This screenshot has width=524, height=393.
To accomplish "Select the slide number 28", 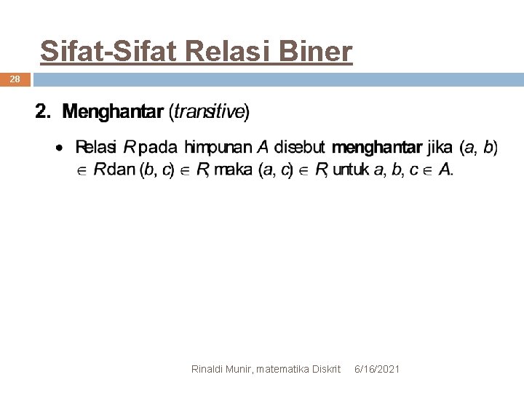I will click(15, 79).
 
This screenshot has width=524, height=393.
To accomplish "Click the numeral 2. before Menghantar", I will click(44, 112).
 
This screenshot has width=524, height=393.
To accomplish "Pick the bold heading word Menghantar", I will click(113, 112).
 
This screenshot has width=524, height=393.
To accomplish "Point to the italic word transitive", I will click(209, 112).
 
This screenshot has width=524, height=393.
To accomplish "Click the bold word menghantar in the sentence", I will click(376, 148).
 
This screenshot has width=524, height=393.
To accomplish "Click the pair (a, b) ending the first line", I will click(478, 148).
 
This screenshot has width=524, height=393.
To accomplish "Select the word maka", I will click(234, 170).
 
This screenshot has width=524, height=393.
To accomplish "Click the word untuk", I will click(352, 170).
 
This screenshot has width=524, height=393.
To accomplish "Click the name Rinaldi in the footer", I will click(208, 370).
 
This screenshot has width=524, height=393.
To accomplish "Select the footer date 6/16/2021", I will click(376, 370).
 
